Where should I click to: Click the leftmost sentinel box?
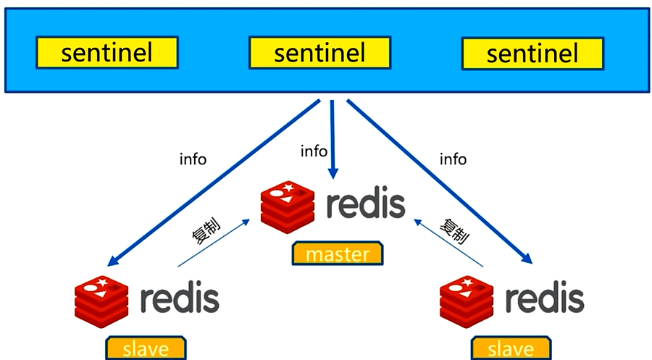pyautogui.click(x=107, y=53)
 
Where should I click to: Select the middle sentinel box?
pyautogui.click(x=319, y=53)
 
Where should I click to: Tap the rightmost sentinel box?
pyautogui.click(x=532, y=53)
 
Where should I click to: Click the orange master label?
pyautogui.click(x=338, y=254)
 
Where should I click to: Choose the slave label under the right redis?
pyautogui.click(x=511, y=348)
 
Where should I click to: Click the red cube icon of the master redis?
pyautogui.click(x=288, y=205)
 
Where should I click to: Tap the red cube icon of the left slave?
pyautogui.click(x=101, y=299)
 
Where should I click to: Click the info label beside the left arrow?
pyautogui.click(x=193, y=159)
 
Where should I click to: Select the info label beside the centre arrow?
pyautogui.click(x=314, y=151)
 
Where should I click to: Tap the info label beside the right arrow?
pyautogui.click(x=453, y=159)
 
